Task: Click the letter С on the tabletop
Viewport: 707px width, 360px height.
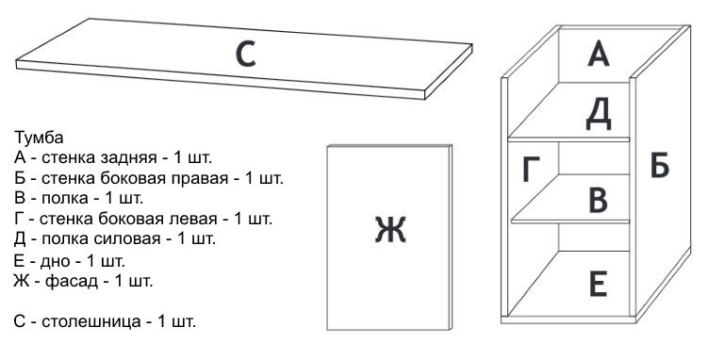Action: coord(245,56)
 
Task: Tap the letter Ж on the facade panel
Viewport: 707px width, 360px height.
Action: coord(389,229)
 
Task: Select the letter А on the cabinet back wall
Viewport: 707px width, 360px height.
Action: coord(600,54)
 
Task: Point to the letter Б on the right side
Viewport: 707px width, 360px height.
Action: coord(660,167)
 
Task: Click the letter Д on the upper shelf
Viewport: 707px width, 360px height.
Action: coord(600,113)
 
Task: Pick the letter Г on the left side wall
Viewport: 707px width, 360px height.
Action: coord(532,172)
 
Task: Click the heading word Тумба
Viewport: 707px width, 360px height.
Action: coord(39,138)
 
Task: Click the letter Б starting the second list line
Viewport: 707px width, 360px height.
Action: coord(20,177)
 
